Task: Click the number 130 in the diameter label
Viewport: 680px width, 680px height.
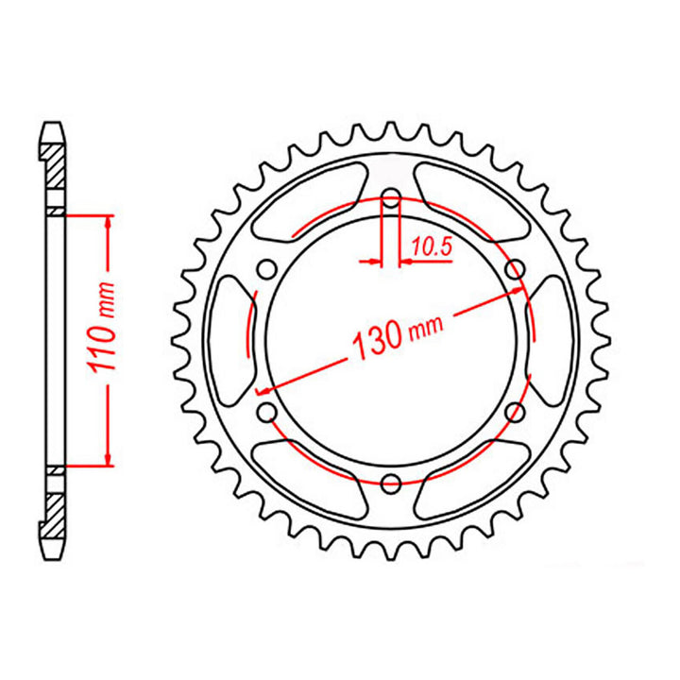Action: pos(376,343)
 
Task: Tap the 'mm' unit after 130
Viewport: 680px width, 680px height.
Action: pos(425,325)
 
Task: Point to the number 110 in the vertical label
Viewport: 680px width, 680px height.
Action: pos(107,348)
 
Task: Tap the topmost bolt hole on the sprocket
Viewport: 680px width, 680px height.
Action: pos(390,198)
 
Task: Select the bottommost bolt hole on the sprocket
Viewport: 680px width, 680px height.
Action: pos(390,483)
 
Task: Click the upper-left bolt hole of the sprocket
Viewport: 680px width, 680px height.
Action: pos(266,270)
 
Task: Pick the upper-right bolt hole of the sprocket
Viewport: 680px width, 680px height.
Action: pos(515,270)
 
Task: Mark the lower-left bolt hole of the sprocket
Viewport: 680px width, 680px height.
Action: pos(266,412)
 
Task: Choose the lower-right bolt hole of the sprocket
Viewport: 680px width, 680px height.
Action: pos(515,412)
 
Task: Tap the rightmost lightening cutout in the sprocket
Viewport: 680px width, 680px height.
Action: pos(553,341)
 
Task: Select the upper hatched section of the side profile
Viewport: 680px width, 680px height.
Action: pos(54,166)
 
